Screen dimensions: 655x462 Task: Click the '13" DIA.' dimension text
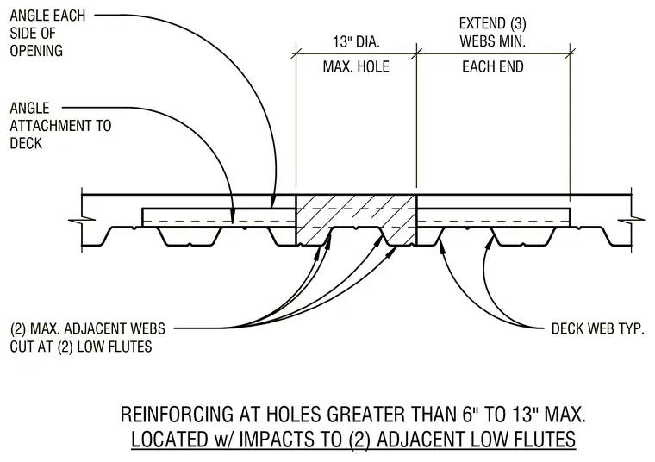pos(356,41)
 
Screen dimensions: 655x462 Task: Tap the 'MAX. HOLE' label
pos(356,67)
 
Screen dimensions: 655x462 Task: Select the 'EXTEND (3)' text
pos(492,23)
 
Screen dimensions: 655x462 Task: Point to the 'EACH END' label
pos(493,67)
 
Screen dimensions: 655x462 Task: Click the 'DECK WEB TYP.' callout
pos(598,328)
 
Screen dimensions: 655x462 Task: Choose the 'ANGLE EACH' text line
pos(47,16)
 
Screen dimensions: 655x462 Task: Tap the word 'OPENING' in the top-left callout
pos(36,51)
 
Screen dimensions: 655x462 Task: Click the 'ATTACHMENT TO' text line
pos(60,126)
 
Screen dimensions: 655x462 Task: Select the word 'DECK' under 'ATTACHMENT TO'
pos(26,143)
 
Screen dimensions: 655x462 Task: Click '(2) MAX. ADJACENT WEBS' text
pos(88,328)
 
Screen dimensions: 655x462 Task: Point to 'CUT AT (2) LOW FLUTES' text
pos(81,346)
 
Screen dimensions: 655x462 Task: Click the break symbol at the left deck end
pos(82,220)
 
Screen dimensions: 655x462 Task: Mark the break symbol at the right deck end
pos(631,220)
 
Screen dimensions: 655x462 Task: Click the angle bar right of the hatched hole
pos(494,217)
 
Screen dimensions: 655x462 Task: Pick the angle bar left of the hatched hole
pos(219,217)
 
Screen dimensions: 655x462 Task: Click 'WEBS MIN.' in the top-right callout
pos(492,41)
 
